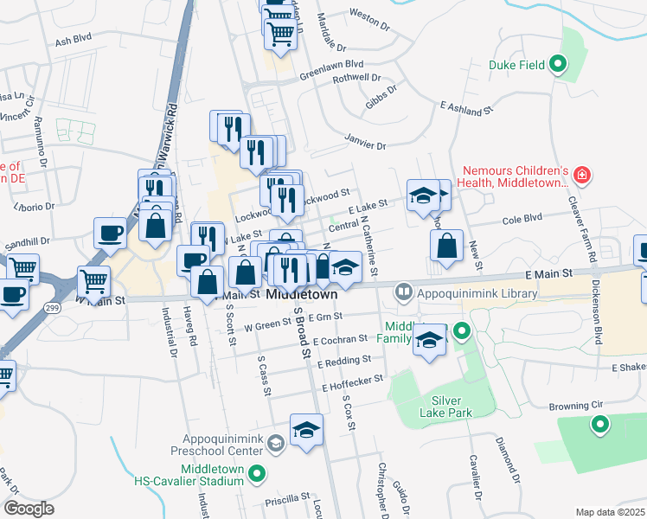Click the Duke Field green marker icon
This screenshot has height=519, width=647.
(x=559, y=63)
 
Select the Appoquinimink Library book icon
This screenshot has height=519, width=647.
(x=402, y=292)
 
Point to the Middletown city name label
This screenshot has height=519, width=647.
(x=301, y=294)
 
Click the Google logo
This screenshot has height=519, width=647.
(x=29, y=508)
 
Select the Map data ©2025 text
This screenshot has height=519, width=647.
(x=609, y=512)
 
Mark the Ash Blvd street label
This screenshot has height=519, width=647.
(x=73, y=40)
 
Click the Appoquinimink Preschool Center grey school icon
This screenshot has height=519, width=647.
(x=275, y=445)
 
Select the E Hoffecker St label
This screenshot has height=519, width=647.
(x=352, y=380)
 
